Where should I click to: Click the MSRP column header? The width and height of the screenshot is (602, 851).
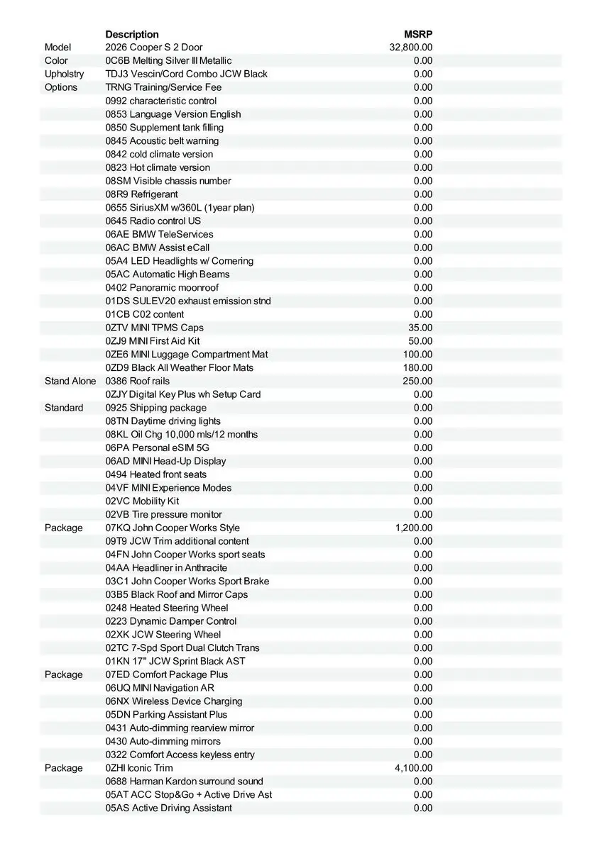pos(418,34)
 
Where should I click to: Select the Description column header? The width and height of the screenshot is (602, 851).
pos(132,34)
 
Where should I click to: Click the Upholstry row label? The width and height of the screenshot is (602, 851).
pos(64,74)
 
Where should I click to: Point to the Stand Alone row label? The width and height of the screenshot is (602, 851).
pos(70,381)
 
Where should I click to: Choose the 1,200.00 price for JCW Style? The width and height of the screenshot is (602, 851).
pos(413,528)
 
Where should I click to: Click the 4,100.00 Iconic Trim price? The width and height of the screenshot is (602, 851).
pos(413,768)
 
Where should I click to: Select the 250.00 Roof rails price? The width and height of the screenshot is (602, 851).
pos(417,381)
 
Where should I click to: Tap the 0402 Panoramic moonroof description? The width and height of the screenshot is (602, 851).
pos(162,287)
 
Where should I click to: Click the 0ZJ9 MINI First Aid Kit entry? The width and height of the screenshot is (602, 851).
pos(153,340)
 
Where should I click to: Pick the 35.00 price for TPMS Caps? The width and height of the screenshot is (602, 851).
pos(420,328)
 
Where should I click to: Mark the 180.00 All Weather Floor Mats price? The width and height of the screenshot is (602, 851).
pos(417,367)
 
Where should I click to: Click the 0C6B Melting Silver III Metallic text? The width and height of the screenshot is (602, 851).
pos(168,61)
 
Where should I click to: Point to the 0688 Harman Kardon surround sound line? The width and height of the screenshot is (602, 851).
pos(184,781)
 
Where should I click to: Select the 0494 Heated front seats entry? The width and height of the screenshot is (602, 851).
pos(156,474)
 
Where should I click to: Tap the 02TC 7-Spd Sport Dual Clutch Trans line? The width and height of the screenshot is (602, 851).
pos(182,647)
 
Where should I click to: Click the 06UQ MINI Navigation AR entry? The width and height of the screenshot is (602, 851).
pos(160,688)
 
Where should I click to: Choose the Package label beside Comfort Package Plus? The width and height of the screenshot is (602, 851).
pos(63,674)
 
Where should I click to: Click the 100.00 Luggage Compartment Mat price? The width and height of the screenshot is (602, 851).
pos(417,354)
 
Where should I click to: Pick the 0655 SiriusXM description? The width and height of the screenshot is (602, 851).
pos(180,207)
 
